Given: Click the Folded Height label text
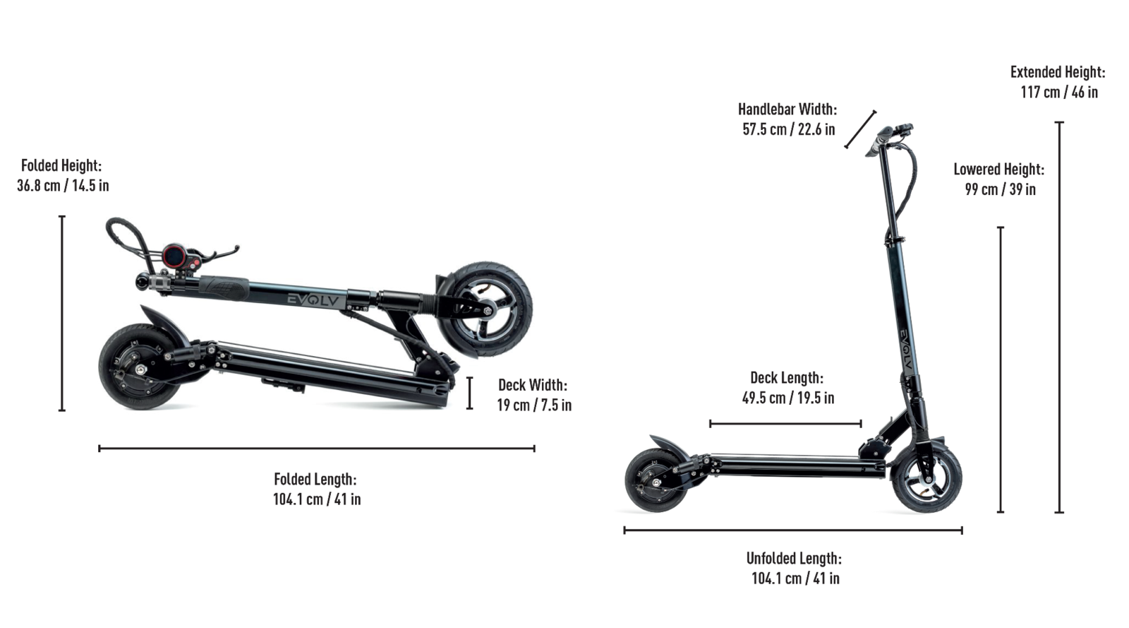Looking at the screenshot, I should click(x=61, y=165).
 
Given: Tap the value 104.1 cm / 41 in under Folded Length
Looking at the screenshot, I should click(x=317, y=499).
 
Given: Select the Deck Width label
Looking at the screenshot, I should click(x=532, y=385).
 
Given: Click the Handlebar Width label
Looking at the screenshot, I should click(x=787, y=109).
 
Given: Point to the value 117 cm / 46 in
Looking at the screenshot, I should click(x=1058, y=92).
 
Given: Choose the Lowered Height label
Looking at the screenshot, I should click(x=998, y=170).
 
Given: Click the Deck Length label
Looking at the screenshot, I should click(x=786, y=378).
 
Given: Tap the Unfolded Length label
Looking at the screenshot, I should click(x=794, y=558).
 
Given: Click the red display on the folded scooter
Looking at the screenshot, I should click(x=174, y=256).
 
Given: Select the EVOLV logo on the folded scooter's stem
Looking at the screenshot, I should click(x=315, y=300).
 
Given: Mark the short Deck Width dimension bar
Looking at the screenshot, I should click(x=469, y=393).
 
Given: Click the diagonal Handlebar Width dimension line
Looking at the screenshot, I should click(x=861, y=129).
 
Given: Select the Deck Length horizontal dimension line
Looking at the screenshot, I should click(x=785, y=424).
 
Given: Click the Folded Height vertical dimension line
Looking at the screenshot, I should click(x=62, y=313).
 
